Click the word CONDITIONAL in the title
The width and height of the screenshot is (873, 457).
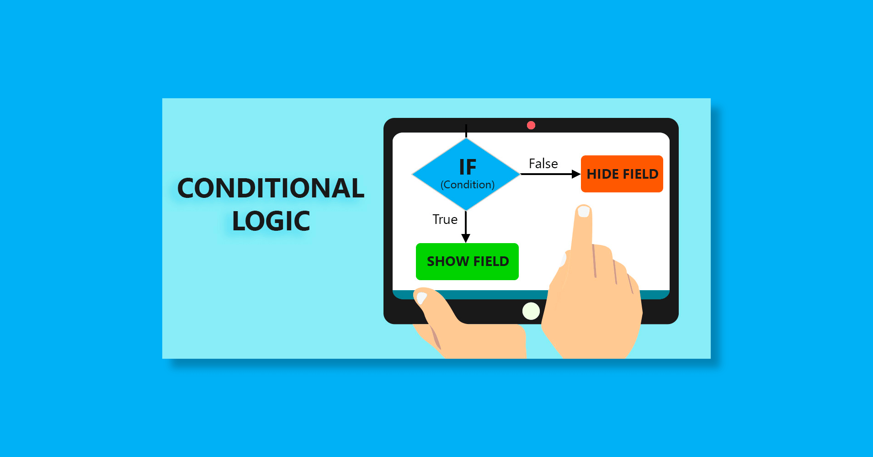coord(271,188)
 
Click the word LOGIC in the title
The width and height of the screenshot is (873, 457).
coord(271,221)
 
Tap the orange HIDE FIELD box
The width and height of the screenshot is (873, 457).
coord(622,174)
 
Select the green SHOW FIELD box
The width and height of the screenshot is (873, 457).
coord(467,261)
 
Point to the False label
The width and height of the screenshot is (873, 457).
coord(543,164)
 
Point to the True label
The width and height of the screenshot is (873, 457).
coord(445,219)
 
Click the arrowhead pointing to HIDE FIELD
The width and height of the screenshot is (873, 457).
coord(576,174)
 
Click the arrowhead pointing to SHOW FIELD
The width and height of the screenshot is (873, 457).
coord(466,238)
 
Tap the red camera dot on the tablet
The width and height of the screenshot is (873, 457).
coord(531,125)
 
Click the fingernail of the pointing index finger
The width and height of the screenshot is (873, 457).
coord(584,212)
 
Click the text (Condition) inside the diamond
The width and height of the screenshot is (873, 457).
coord(468,185)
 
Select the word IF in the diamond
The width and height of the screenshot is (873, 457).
coord(468,167)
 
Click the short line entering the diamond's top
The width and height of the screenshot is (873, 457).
coord(466,131)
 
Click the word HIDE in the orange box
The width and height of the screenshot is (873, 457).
coord(603,174)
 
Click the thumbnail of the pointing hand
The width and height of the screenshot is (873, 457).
coord(562,259)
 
